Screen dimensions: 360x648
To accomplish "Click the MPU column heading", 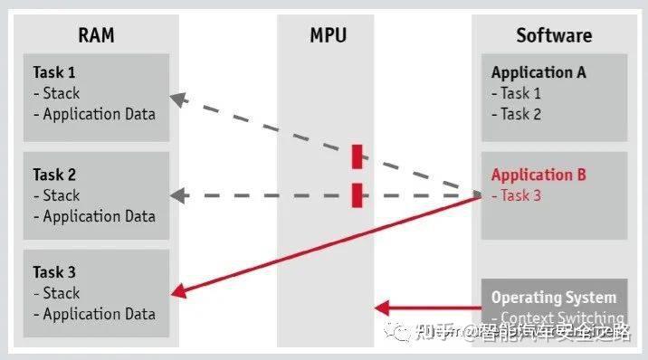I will point(327,36).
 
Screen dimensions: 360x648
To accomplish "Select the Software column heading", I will point(554,36).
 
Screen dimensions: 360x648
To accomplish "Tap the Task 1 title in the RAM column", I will point(54,72).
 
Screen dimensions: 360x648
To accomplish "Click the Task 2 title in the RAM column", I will point(54,175).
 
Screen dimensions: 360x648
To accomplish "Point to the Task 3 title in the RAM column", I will point(54,272).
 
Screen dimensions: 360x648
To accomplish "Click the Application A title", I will point(538,72).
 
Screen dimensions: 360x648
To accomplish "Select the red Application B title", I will point(538,175).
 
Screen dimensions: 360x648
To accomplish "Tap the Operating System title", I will point(553,297).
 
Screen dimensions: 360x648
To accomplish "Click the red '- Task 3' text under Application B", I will point(516,195).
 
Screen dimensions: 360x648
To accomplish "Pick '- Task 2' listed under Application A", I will point(516,114).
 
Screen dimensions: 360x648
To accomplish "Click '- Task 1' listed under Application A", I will point(516,93).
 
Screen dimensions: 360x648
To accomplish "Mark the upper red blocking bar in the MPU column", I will point(357,156).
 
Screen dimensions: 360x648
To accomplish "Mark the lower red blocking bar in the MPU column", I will point(357,194).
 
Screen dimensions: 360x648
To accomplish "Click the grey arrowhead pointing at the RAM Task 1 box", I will point(179,98).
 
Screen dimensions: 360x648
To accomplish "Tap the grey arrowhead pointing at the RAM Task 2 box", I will point(179,194).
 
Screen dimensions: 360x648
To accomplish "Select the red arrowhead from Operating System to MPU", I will point(383,308).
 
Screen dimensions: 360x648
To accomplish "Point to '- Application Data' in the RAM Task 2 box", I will point(94,216).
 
